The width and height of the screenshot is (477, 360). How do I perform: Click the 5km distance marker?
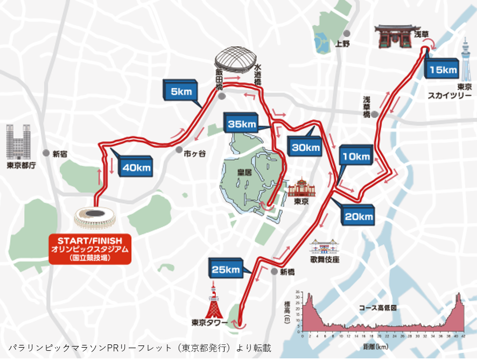181,91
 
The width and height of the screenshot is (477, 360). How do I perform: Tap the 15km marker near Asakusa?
443,69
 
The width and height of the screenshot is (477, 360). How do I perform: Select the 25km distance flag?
226,270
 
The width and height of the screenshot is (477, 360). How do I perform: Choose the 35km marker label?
242,124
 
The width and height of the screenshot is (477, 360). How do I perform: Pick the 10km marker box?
355,157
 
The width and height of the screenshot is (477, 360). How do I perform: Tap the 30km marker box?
305,146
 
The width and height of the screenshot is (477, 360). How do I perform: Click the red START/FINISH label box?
90,249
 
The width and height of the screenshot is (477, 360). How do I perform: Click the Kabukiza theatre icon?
324,246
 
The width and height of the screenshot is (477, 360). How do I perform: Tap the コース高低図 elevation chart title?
378,308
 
